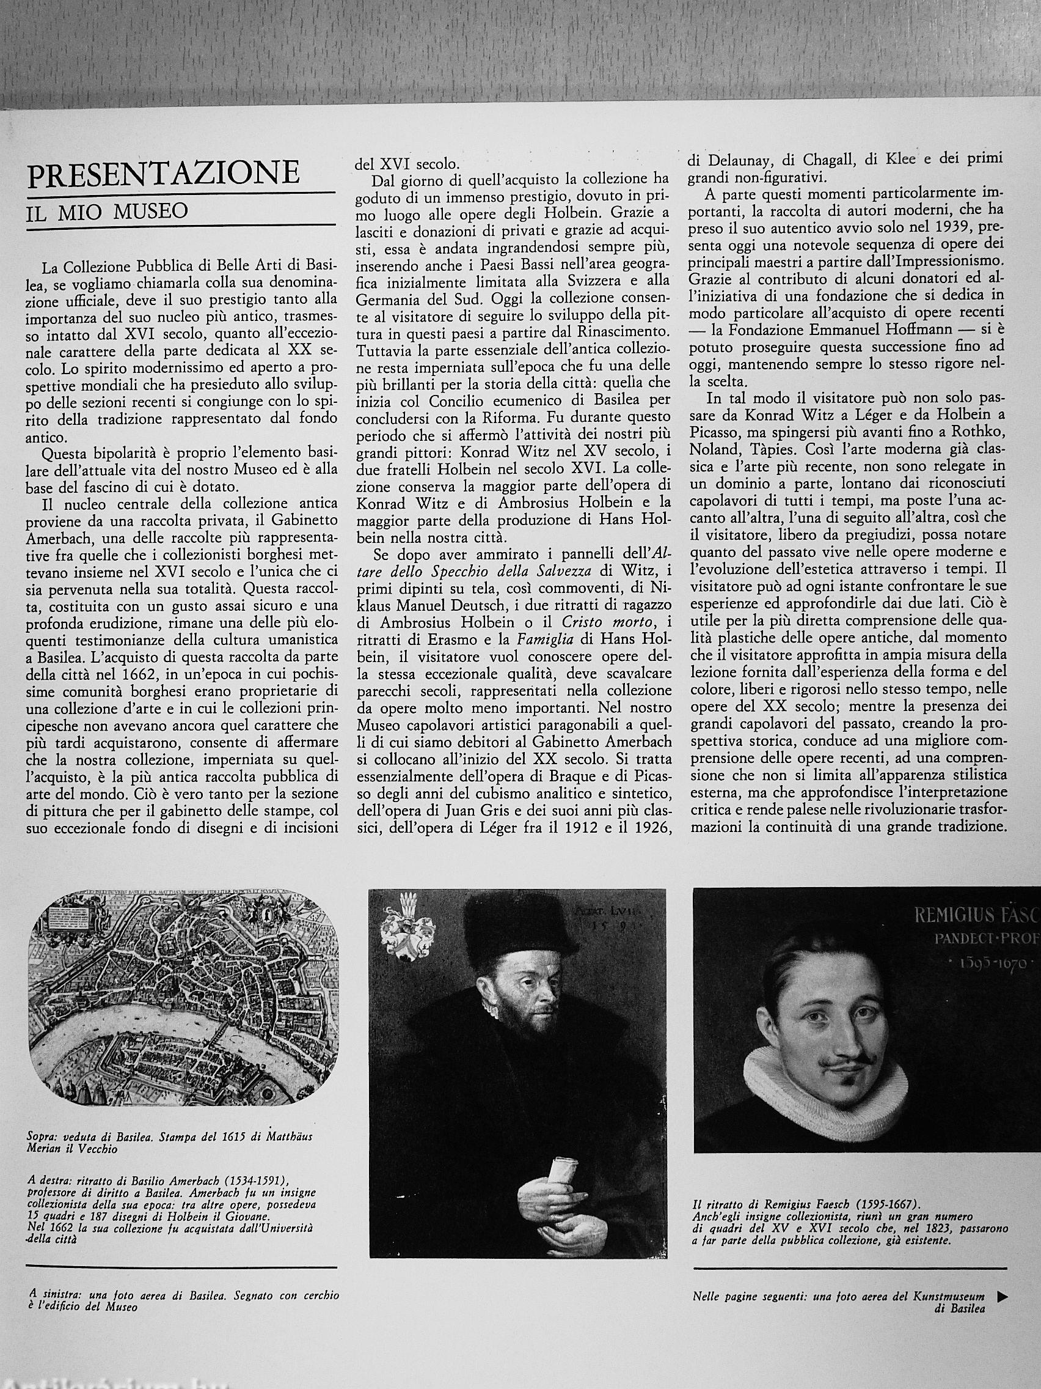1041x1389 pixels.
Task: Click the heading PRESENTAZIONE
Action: pyautogui.click(x=163, y=172)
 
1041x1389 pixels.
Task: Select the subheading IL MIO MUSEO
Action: pyautogui.click(x=108, y=212)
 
